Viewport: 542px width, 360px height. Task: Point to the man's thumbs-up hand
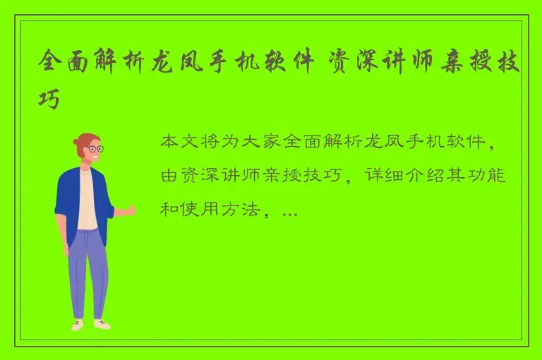(x=128, y=209)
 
